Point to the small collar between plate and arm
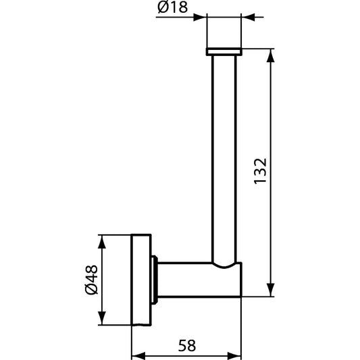click(x=156, y=278)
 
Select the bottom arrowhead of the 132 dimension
click(x=271, y=292)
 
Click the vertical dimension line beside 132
click(x=271, y=223)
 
